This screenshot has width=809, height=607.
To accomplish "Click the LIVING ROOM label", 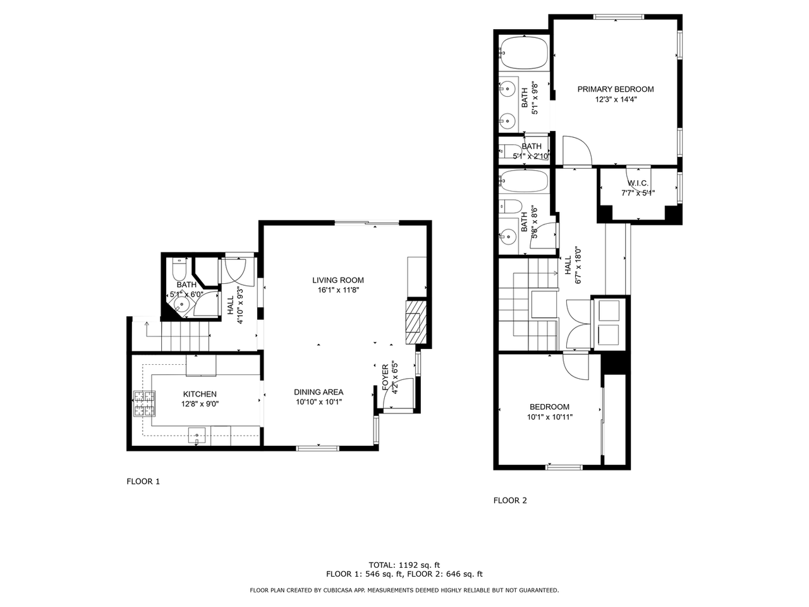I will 338,280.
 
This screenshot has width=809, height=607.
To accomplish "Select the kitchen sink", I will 198,435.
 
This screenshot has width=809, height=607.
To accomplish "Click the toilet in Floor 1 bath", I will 179,273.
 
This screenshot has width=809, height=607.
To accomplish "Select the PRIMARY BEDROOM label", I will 616,89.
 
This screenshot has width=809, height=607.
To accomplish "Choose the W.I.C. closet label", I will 638,183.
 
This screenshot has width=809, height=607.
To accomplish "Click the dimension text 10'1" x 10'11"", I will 549,417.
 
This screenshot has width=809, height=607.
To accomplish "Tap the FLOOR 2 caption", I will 510,500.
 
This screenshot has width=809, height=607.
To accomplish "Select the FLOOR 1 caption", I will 143,481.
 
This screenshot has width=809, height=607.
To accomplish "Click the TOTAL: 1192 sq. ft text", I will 404,565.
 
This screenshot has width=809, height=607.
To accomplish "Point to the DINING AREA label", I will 319,392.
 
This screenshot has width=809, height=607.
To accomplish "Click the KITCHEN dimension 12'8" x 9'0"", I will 200,403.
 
